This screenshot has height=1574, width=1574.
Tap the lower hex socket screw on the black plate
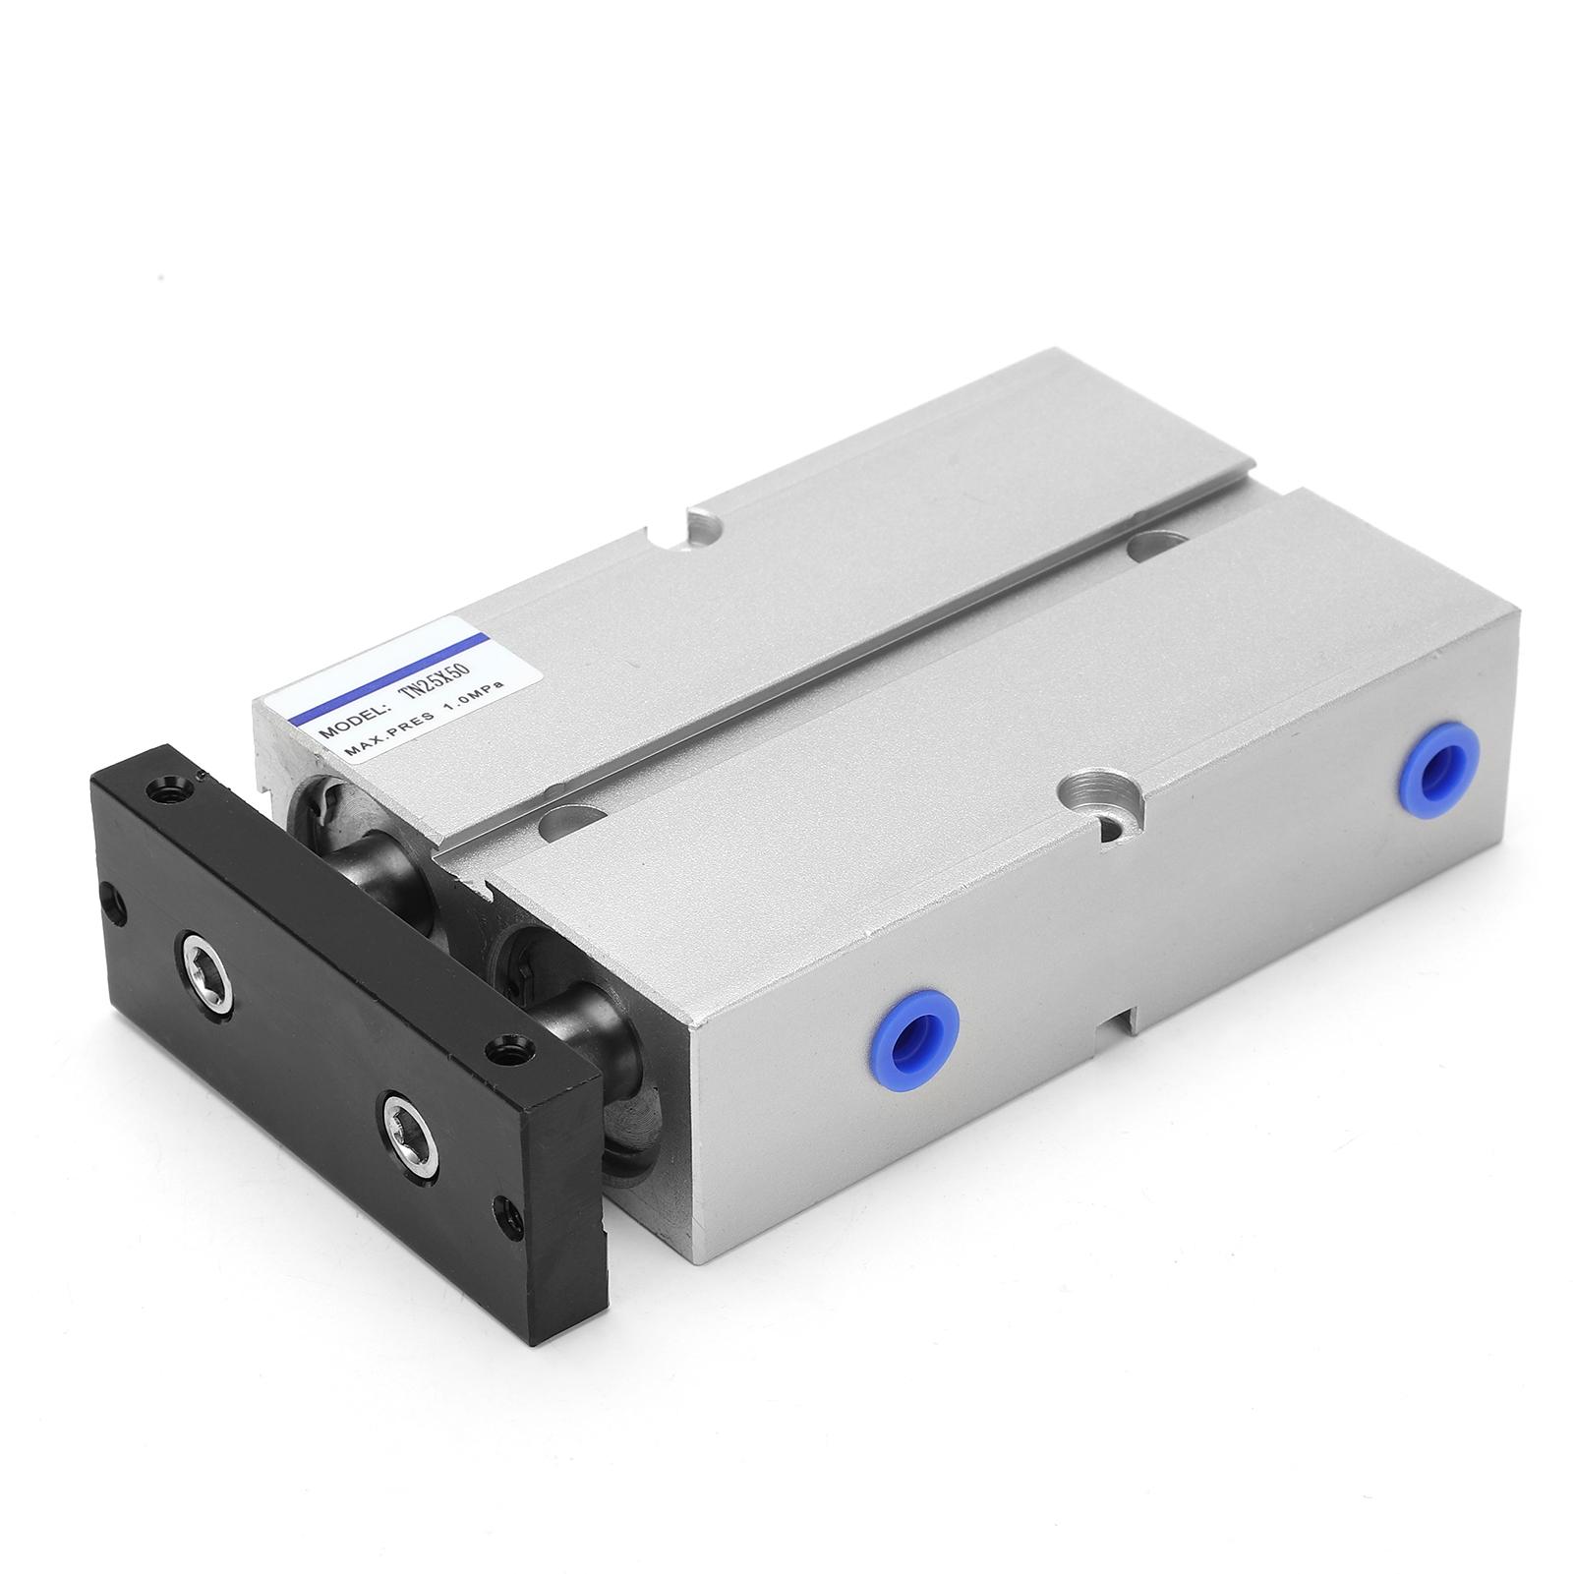(406, 1085)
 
